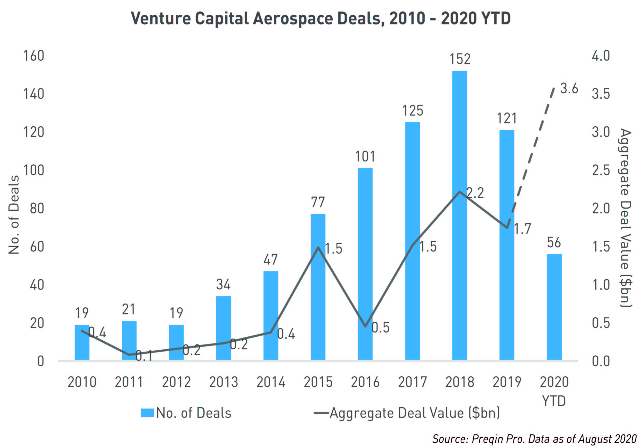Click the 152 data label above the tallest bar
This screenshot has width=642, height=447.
tap(460, 59)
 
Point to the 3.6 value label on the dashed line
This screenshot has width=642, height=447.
tap(569, 89)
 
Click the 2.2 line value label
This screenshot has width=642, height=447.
tap(475, 193)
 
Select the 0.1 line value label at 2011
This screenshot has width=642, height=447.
tap(144, 356)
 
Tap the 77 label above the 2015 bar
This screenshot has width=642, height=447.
tap(318, 202)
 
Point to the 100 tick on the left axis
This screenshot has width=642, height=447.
tap(34, 170)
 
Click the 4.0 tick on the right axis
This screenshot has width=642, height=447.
tap(601, 56)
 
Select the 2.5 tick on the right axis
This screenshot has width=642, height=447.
tap(601, 170)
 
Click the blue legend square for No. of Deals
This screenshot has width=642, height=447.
tap(147, 413)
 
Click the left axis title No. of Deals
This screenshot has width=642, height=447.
tap(14, 215)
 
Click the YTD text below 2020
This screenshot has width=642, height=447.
tap(554, 401)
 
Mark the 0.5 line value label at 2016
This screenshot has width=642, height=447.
tap(380, 328)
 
